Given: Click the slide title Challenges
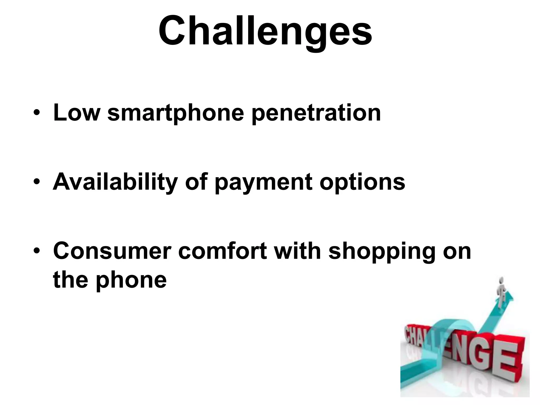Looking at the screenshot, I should pos(265,31).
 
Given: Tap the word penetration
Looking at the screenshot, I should pos(316,114).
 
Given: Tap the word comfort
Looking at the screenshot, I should pos(223,251).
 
